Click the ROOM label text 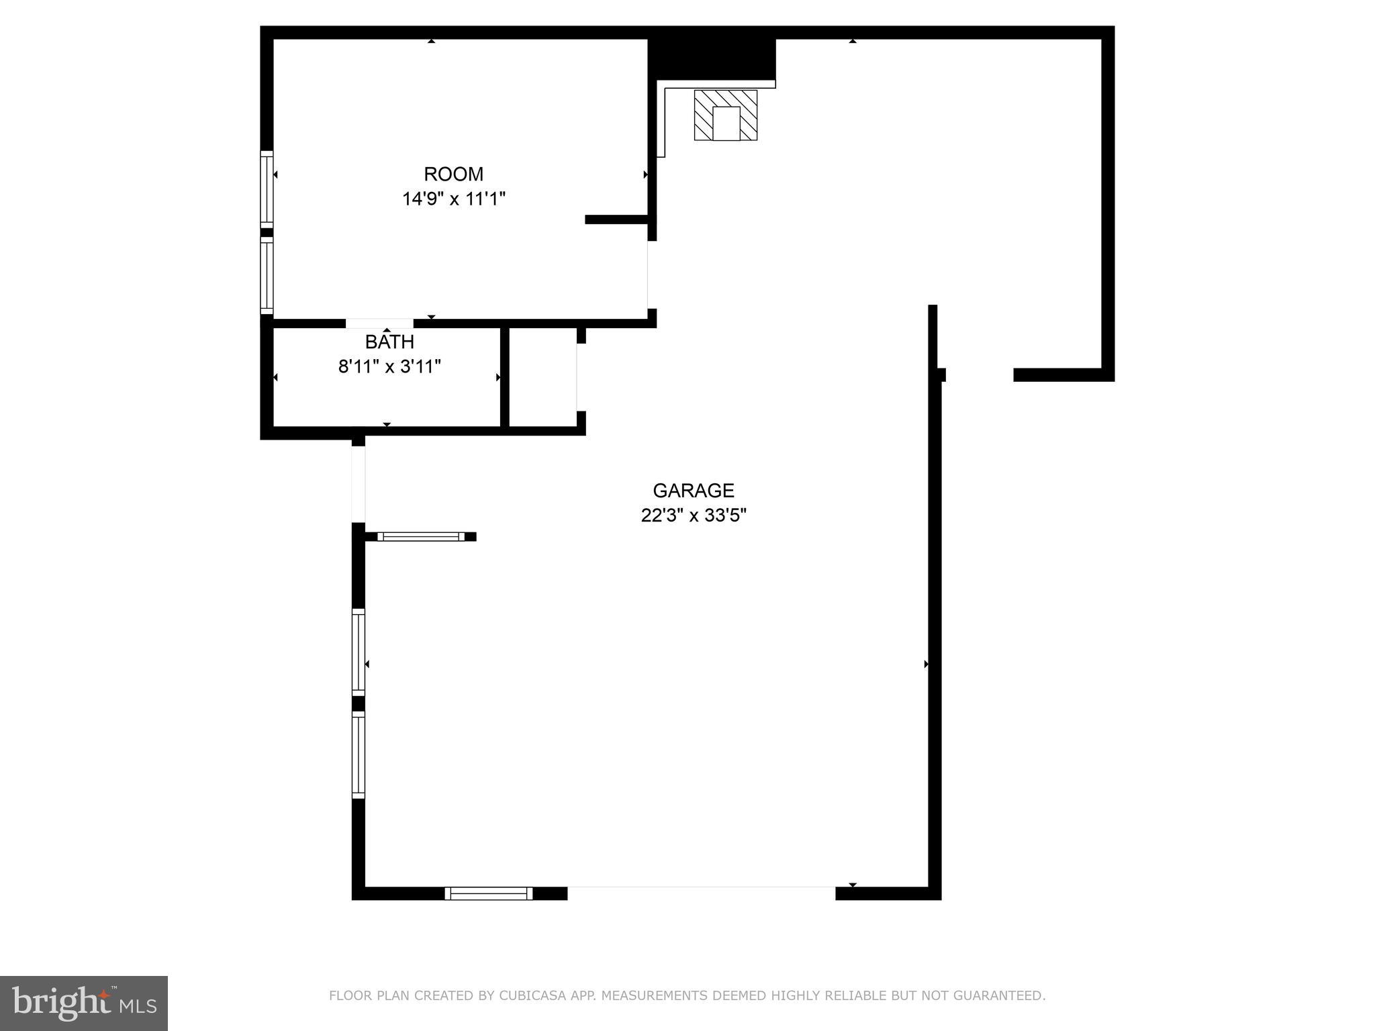tap(453, 174)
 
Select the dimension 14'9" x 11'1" tap(453, 199)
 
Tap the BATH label tap(389, 342)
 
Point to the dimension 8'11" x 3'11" tap(389, 366)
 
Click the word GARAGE tap(694, 491)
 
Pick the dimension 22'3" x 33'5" tap(694, 515)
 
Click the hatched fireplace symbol tap(725, 115)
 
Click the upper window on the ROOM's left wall tap(267, 188)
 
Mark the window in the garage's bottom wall tap(488, 893)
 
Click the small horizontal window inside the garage tap(420, 536)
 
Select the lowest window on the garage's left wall tap(359, 755)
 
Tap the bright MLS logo tap(84, 1003)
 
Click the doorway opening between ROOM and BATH tap(379, 324)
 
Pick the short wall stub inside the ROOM tap(616, 219)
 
